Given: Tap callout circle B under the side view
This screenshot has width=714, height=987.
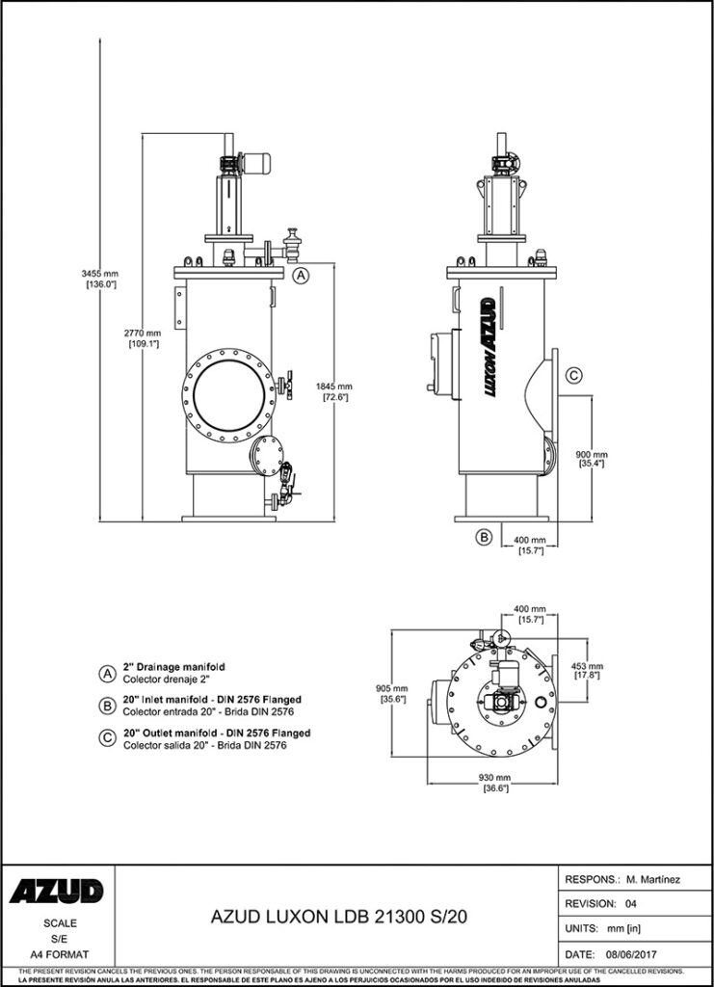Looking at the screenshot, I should point(485,536).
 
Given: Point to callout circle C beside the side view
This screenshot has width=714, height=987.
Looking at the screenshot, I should point(571,376).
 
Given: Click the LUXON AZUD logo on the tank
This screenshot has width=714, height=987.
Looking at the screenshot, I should point(488,348).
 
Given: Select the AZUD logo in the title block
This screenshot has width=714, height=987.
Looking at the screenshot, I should point(57,893).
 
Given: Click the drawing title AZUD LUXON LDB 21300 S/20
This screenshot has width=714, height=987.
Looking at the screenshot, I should point(338,918).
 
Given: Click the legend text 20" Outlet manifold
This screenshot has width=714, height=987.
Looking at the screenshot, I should point(217,734).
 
